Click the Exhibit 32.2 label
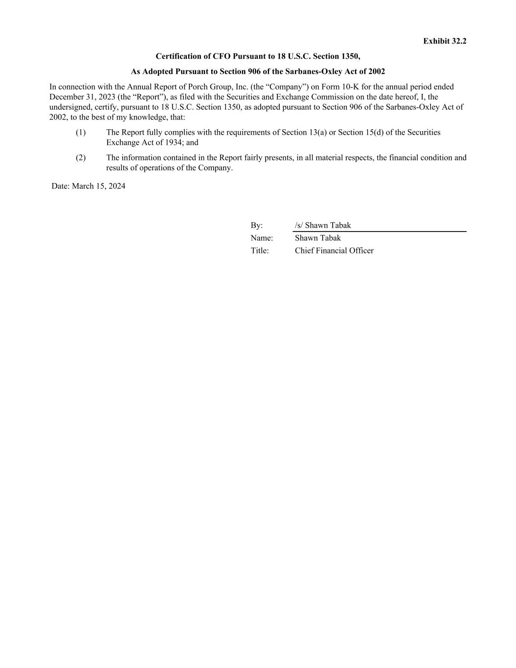click(x=445, y=41)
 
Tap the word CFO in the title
click(x=222, y=56)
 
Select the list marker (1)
click(x=81, y=132)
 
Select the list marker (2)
click(x=81, y=158)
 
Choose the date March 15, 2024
click(x=98, y=186)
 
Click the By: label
click(x=257, y=226)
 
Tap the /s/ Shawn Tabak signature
click(x=323, y=226)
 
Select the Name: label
click(x=262, y=238)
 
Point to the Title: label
click(x=260, y=251)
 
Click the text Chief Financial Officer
click(x=334, y=251)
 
